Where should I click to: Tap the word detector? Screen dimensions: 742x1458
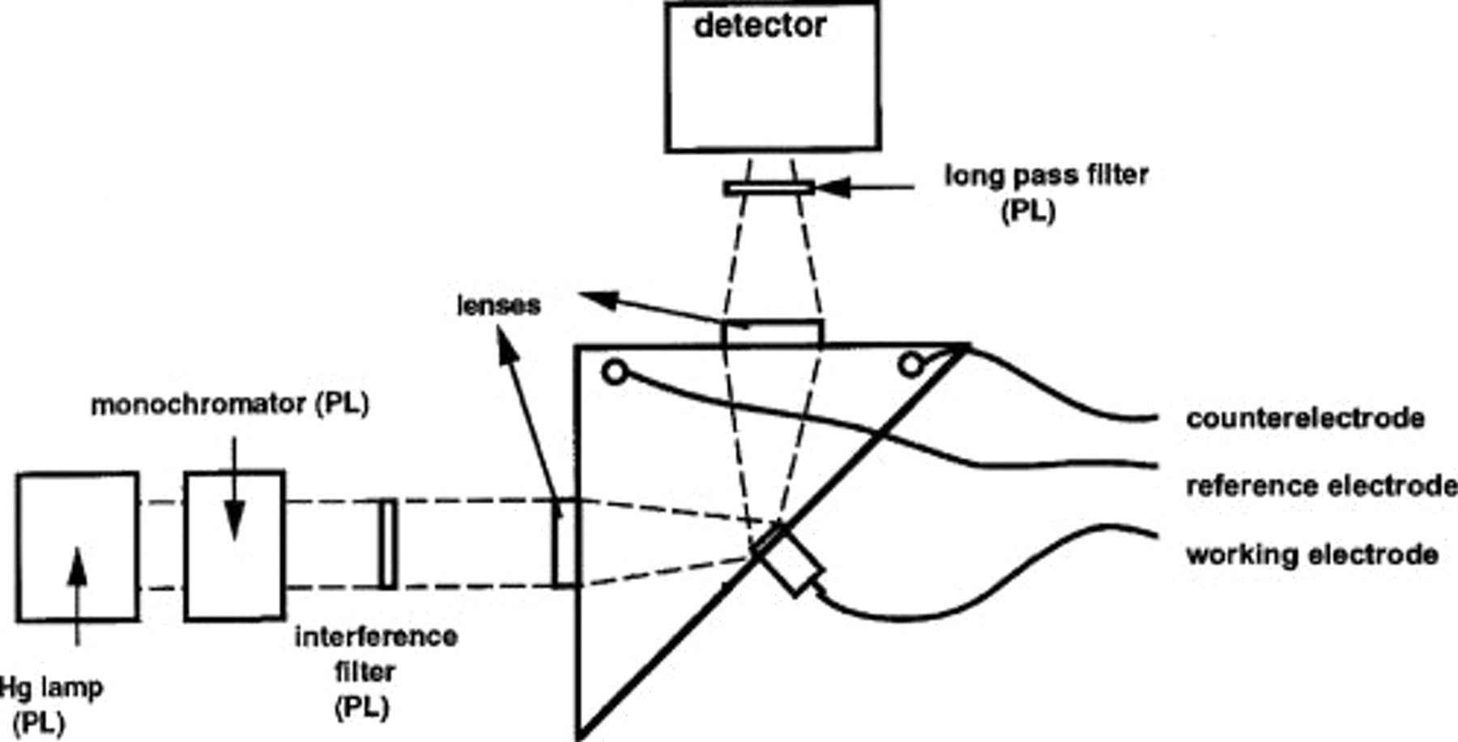760,26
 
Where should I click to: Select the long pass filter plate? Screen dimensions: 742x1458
768,188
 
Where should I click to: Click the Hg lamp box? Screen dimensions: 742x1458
77,547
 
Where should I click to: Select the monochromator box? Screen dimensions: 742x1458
234,547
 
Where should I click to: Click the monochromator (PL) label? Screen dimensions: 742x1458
229,404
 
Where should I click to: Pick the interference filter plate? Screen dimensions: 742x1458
388,544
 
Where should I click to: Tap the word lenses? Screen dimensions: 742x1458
498,305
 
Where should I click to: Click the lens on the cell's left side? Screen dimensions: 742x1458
566,542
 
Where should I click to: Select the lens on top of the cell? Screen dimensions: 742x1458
771,333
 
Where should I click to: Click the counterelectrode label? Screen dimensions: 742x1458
1304,418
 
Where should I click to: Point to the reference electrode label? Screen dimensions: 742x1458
1320,486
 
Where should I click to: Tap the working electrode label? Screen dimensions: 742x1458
1311,555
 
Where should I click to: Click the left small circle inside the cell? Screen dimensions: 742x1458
615,373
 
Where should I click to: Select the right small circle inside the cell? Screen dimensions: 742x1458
911,365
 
